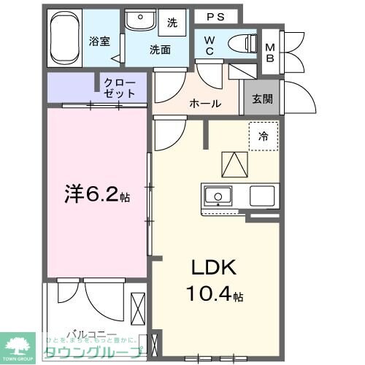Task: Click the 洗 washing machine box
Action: (x=172, y=23)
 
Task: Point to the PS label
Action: (x=215, y=17)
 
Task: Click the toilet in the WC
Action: (x=237, y=42)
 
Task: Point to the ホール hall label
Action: (x=205, y=104)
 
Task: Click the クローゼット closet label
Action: (x=120, y=88)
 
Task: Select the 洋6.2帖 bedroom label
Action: (x=99, y=194)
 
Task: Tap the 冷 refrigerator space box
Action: (x=263, y=135)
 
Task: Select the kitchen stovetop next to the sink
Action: (x=261, y=196)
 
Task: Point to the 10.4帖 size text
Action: (x=215, y=294)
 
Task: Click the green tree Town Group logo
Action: (x=20, y=345)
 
